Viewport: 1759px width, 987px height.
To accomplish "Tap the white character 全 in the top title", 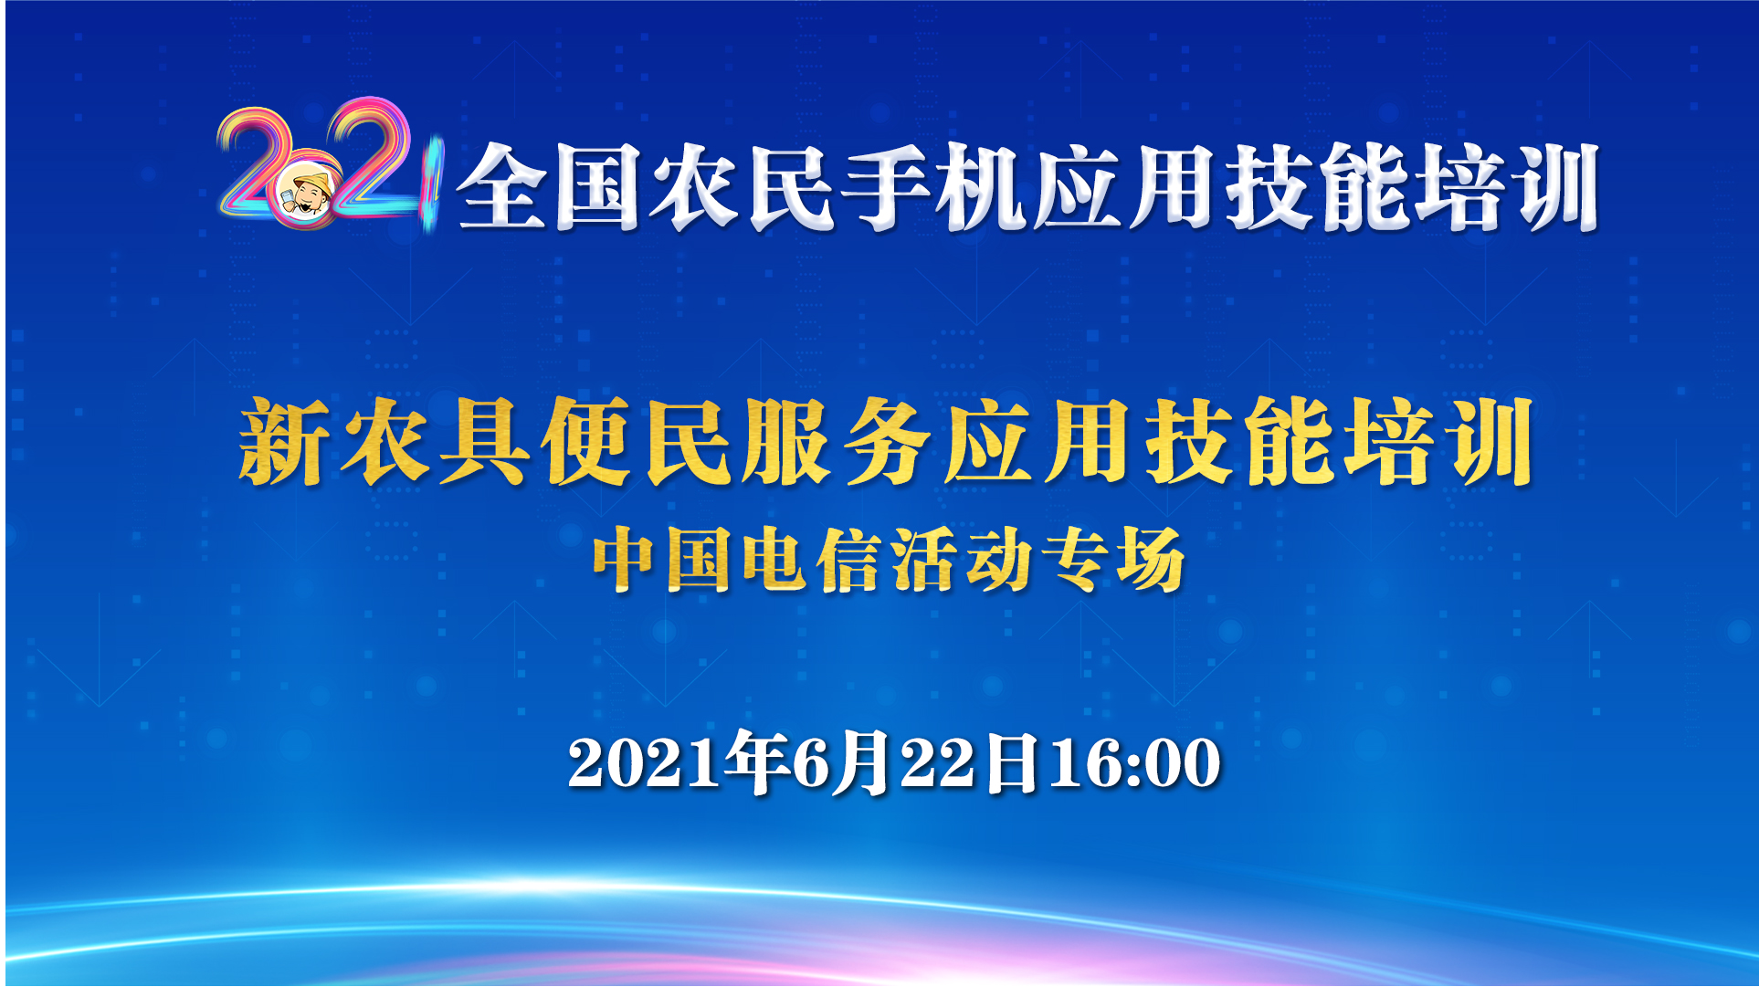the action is point(501,187).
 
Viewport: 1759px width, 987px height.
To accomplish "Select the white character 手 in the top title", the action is point(884,187).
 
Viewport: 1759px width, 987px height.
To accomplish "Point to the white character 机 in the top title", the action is point(980,187).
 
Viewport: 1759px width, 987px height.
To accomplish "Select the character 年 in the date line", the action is point(757,761).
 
